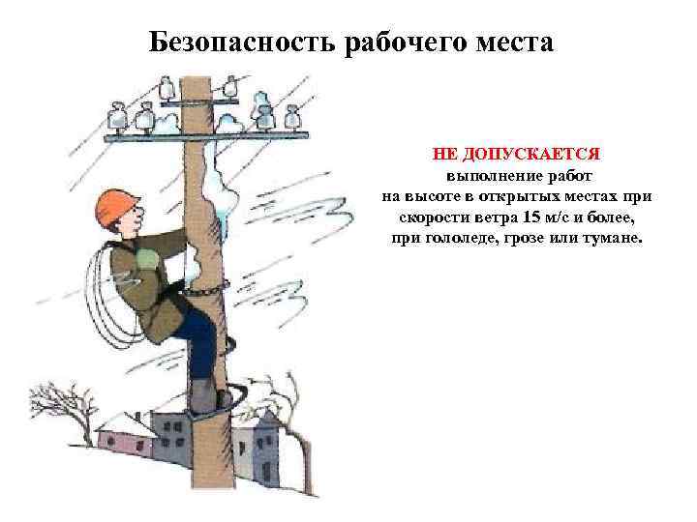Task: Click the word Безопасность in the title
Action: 241,43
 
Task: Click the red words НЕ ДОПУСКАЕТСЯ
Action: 516,154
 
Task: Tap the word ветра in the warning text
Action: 497,217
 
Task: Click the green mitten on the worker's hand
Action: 147,258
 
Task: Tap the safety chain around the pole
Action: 207,289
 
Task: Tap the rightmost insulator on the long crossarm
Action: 291,117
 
